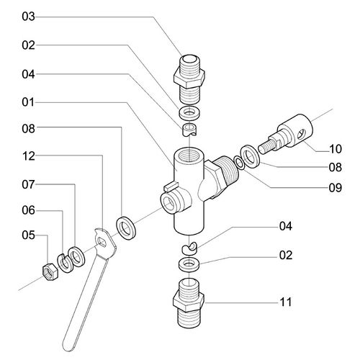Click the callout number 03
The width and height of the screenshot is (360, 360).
28,17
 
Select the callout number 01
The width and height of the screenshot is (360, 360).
28,102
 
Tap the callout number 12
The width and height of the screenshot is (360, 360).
28,156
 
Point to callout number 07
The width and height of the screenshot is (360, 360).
28,184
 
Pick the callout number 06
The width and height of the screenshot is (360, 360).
28,210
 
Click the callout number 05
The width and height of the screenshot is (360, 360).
28,235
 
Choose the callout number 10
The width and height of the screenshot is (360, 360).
336,149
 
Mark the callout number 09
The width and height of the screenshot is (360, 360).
336,188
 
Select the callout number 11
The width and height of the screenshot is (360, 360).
286,302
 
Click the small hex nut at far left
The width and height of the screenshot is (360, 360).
50,271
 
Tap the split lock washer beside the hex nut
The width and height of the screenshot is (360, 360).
63,263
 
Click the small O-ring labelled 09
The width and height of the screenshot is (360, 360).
239,163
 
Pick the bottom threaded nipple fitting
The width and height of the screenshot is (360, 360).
189,303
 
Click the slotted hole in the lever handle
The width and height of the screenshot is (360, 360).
102,242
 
